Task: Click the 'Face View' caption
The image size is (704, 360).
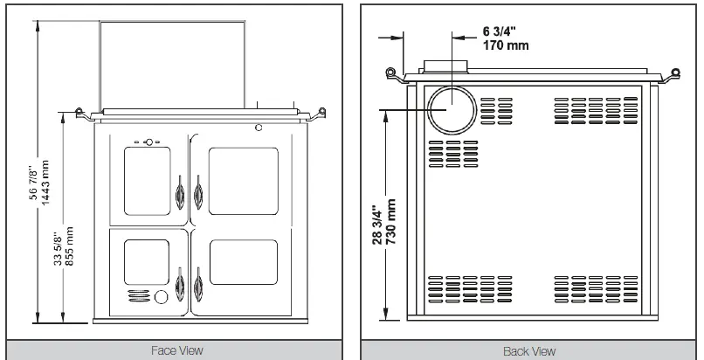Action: coord(178,350)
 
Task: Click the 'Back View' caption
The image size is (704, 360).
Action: coord(530,350)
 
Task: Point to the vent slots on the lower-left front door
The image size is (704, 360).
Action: coord(138,296)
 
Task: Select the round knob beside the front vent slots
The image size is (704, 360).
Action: coord(162,298)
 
